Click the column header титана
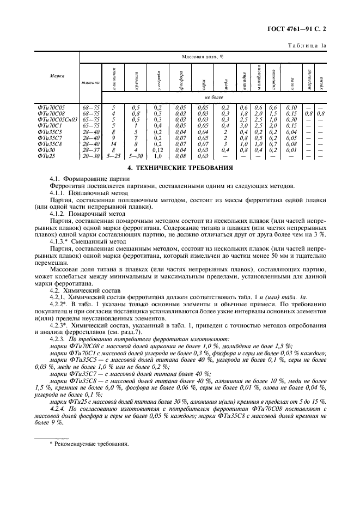[x=90, y=82]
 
